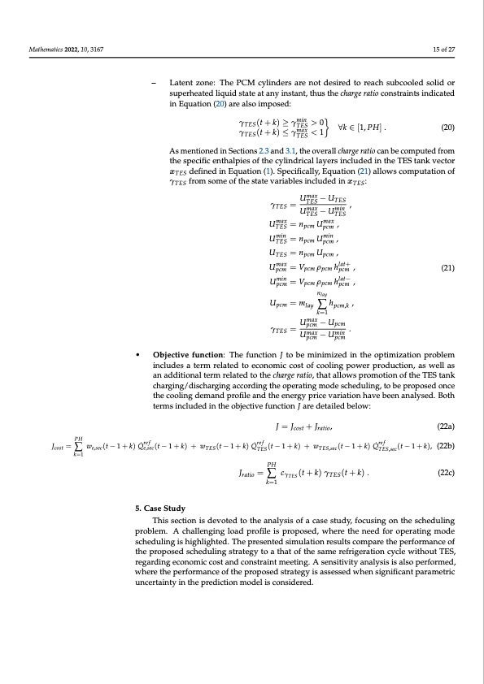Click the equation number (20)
[x=447, y=128]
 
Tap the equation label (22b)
[x=446, y=445]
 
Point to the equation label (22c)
[x=446, y=472]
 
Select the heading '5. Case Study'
[x=161, y=508]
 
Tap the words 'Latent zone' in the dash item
[x=191, y=84]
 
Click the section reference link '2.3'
[x=264, y=151]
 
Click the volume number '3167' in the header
[x=94, y=50]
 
